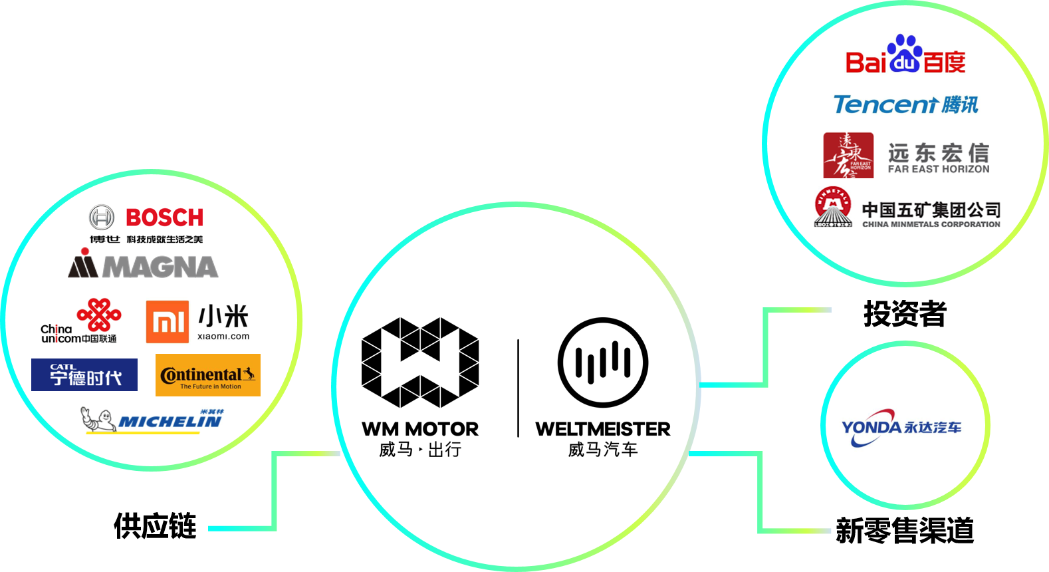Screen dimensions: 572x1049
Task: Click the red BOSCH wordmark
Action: point(164,217)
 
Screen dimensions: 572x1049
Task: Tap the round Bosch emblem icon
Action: point(102,217)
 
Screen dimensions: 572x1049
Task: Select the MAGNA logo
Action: point(143,265)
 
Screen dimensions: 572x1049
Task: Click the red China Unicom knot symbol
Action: point(99,314)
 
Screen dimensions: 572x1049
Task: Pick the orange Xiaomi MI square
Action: point(168,322)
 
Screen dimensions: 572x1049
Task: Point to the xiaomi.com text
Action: point(223,337)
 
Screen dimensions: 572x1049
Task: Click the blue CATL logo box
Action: point(84,374)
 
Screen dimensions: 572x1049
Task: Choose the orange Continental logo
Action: point(208,375)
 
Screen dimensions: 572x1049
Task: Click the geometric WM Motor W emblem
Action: point(420,362)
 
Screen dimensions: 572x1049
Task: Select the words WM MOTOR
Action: point(420,429)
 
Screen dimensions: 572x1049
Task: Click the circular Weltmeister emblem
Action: point(603,362)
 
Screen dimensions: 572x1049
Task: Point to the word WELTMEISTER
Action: point(603,429)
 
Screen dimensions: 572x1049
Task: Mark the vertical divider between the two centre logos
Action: point(518,388)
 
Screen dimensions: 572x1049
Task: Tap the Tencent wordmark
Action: point(885,104)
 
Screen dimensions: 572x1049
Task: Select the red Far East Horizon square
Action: point(848,155)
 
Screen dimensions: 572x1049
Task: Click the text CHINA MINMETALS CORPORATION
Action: point(931,224)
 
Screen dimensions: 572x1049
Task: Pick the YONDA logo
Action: point(901,426)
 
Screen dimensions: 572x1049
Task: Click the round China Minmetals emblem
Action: point(833,207)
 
